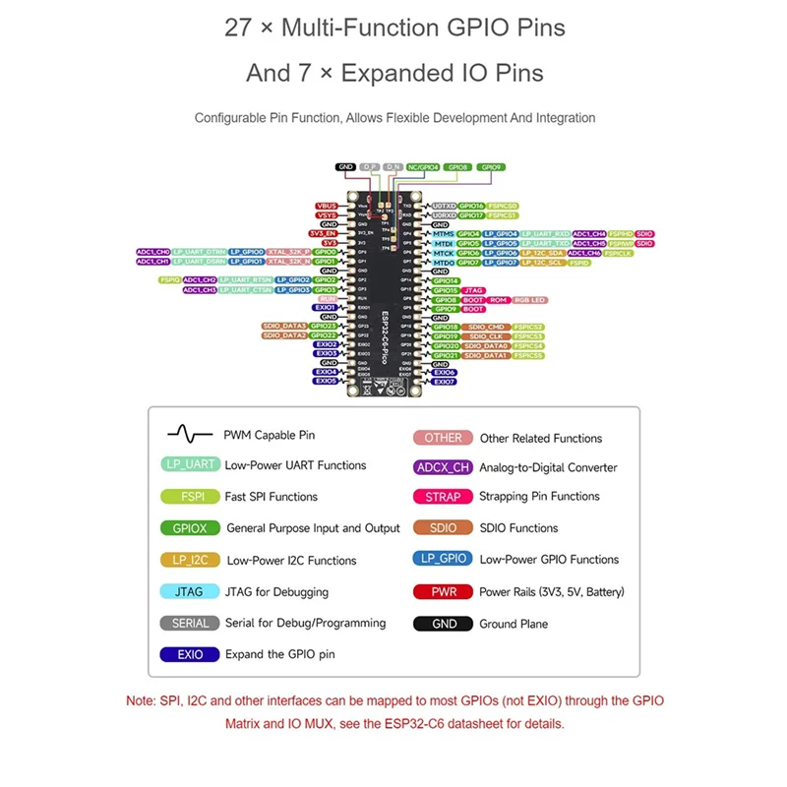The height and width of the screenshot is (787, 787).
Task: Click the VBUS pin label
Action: [x=326, y=206]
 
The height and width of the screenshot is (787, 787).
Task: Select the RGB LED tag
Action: [x=529, y=299]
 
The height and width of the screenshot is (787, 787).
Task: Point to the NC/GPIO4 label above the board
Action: [x=422, y=168]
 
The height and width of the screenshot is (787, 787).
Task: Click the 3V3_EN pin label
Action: [x=326, y=233]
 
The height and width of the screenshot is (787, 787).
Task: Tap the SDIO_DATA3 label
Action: [x=284, y=326]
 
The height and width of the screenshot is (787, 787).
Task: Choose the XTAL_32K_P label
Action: [x=288, y=252]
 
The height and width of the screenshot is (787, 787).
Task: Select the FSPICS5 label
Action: [x=529, y=355]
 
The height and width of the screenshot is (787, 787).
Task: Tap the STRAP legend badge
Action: [x=443, y=497]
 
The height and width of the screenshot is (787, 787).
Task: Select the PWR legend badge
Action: [x=443, y=592]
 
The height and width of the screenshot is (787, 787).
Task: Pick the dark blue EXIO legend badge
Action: [x=189, y=654]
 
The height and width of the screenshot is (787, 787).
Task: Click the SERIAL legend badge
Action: [x=190, y=623]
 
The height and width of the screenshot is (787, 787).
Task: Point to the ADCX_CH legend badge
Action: [x=443, y=467]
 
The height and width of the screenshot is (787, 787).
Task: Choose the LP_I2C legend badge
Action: [x=189, y=560]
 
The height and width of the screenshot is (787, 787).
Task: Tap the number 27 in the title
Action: [x=238, y=28]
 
